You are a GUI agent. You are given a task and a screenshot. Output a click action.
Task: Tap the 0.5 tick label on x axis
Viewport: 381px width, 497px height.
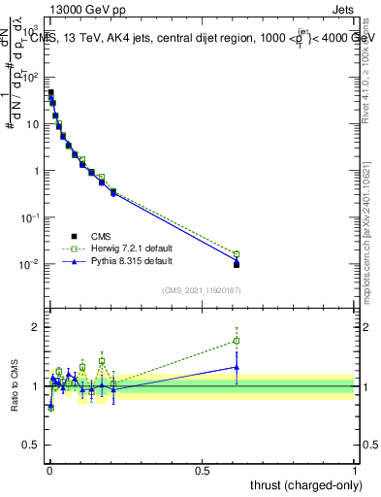tap(203, 470)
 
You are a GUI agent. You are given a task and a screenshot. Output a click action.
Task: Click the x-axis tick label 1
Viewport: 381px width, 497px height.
tap(356, 470)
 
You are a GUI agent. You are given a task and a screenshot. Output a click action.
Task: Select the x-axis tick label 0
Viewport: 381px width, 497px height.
tap(49, 470)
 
